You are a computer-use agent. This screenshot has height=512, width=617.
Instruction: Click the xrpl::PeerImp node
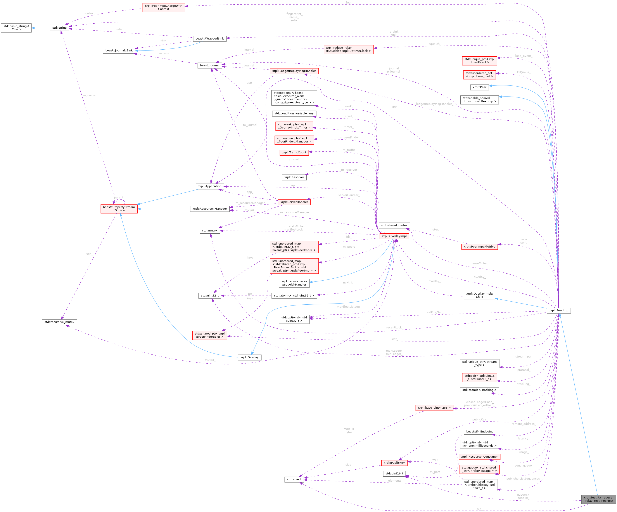point(558,310)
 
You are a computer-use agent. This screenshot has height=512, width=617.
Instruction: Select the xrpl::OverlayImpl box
point(394,236)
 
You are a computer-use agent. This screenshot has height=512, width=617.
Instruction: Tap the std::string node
point(59,28)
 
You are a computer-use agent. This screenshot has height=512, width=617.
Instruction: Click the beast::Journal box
point(209,65)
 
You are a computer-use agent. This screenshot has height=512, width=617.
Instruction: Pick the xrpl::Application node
point(209,186)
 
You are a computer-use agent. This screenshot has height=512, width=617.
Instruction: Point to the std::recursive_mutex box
point(59,322)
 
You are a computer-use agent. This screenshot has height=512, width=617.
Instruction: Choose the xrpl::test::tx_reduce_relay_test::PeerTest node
point(598,499)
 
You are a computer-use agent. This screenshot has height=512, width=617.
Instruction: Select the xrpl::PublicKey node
point(394,463)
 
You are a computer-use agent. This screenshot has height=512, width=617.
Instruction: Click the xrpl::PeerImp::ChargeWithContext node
point(164,7)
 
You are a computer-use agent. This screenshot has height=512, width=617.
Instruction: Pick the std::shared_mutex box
point(394,225)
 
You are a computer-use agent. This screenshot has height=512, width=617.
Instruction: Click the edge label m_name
point(89,95)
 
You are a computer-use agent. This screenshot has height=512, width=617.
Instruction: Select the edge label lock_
point(89,254)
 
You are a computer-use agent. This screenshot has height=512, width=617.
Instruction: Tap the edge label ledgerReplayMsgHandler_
point(434,104)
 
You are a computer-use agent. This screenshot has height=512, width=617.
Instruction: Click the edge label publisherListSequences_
point(523,479)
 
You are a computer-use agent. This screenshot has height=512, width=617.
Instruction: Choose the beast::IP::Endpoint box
point(479,431)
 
